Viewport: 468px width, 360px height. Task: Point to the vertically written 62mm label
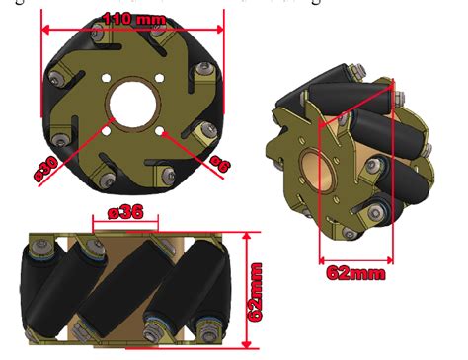(256, 292)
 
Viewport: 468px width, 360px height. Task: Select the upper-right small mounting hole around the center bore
(158, 79)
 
